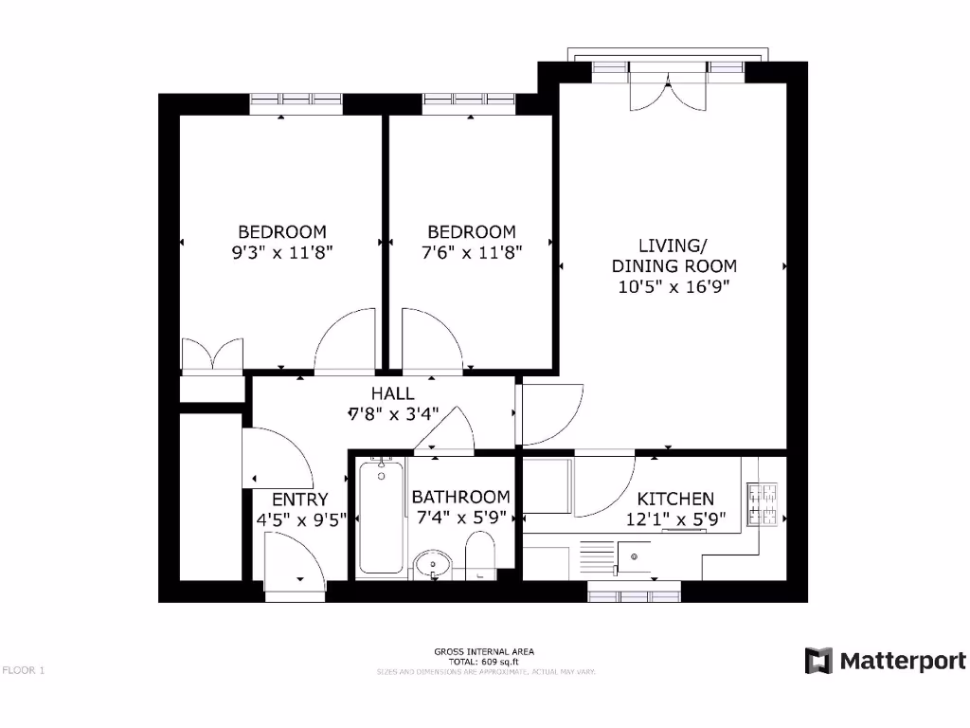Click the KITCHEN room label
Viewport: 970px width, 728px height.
[x=675, y=499]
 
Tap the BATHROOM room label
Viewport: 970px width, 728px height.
[x=460, y=497]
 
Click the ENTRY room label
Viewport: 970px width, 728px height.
[x=299, y=500]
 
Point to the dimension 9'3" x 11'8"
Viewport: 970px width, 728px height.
[x=282, y=252]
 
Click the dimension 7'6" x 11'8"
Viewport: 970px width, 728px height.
[x=472, y=252]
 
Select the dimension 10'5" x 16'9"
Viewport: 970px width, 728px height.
[x=674, y=285]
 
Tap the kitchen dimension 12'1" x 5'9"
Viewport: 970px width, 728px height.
[x=674, y=519]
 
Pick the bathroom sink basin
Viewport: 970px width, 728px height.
[x=434, y=565]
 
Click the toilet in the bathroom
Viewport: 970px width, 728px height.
[x=481, y=555]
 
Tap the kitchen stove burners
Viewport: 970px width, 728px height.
[x=763, y=504]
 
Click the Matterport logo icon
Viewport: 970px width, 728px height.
[x=818, y=661]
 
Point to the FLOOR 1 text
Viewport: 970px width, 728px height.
[x=24, y=670]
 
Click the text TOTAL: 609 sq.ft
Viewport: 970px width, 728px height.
[x=484, y=662]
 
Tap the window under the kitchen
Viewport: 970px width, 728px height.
[x=634, y=594]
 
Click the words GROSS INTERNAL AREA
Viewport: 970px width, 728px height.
[x=484, y=651]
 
